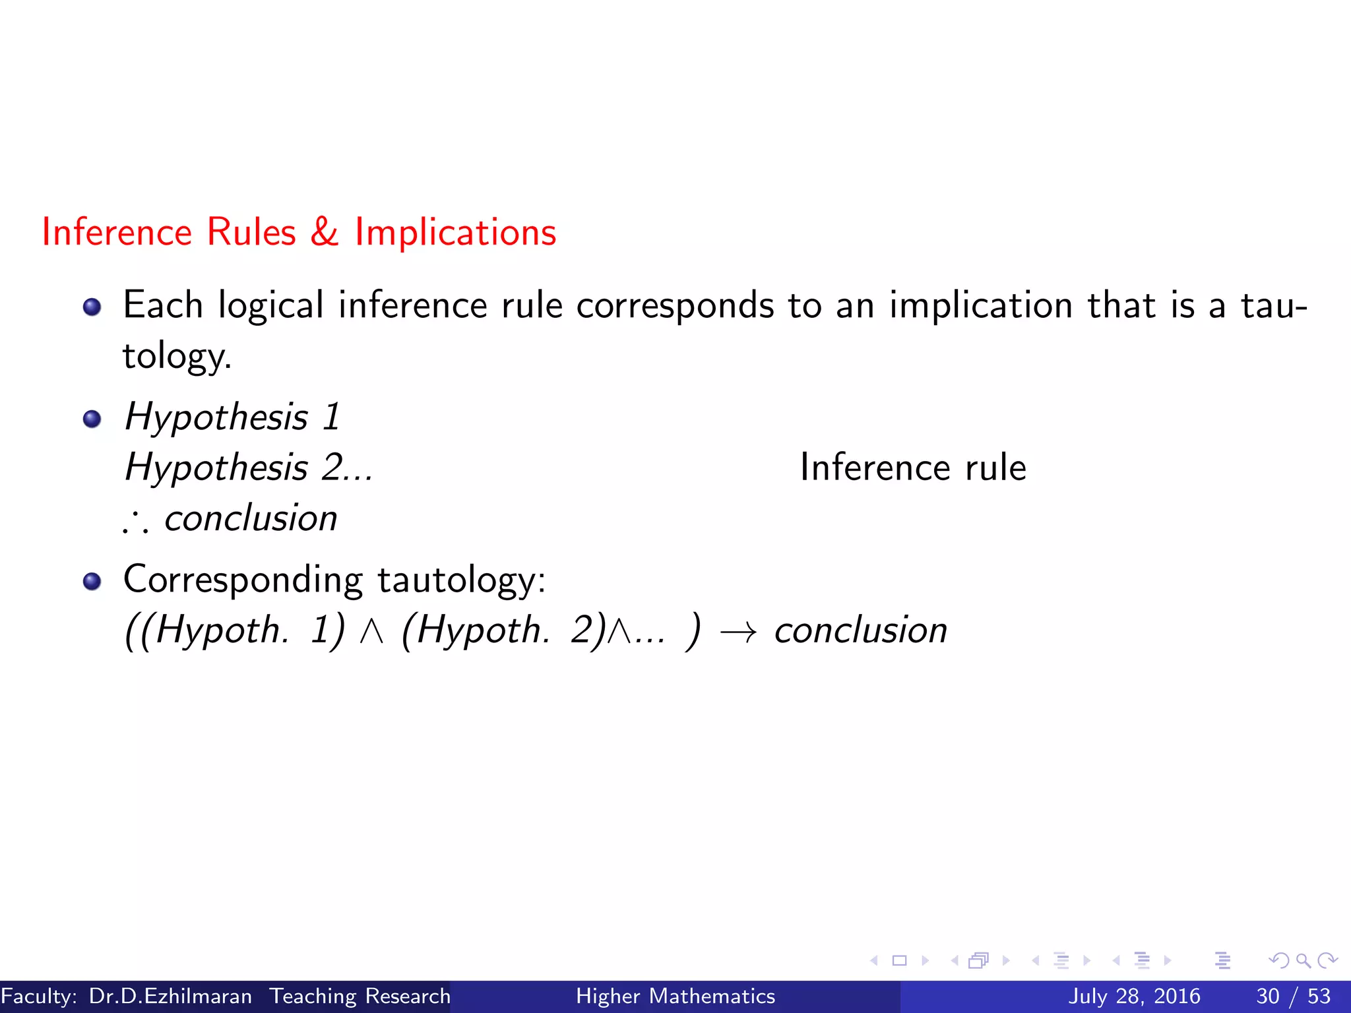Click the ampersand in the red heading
pos(324,232)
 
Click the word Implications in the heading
pos(455,232)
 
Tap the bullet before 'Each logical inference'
pos(92,307)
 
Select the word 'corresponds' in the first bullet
pos(675,305)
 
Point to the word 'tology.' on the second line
pos(177,356)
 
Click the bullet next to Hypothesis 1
pos(92,419)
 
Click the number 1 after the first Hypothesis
pos(331,417)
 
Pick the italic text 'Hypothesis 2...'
pos(249,468)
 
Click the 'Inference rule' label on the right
pos(913,468)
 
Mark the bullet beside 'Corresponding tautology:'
pos(92,581)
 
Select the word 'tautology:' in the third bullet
pos(462,580)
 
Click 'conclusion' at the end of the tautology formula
pos(860,630)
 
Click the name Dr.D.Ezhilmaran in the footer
pos(170,996)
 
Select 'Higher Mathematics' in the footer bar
pos(675,996)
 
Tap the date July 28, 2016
pos(1134,996)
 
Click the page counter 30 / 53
pos(1294,996)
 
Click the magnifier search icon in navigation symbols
pos(1303,960)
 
